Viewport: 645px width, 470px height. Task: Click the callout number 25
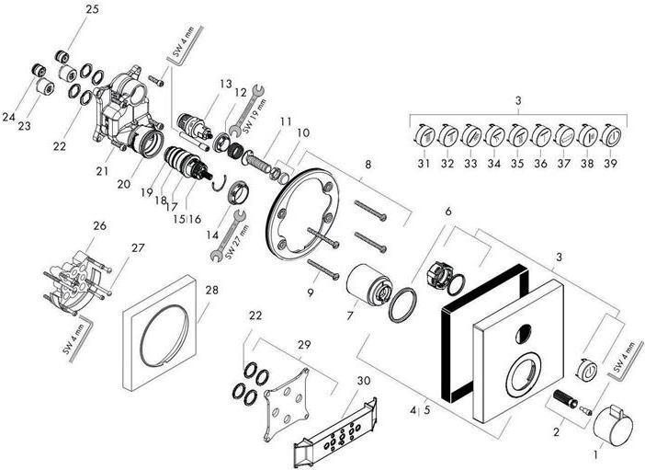point(92,9)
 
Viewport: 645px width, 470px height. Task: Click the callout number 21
point(102,170)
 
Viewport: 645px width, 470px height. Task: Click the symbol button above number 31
point(425,137)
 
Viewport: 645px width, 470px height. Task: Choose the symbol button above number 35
point(517,137)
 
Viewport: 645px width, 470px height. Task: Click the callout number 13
point(225,83)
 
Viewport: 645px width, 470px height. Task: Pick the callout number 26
point(99,225)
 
